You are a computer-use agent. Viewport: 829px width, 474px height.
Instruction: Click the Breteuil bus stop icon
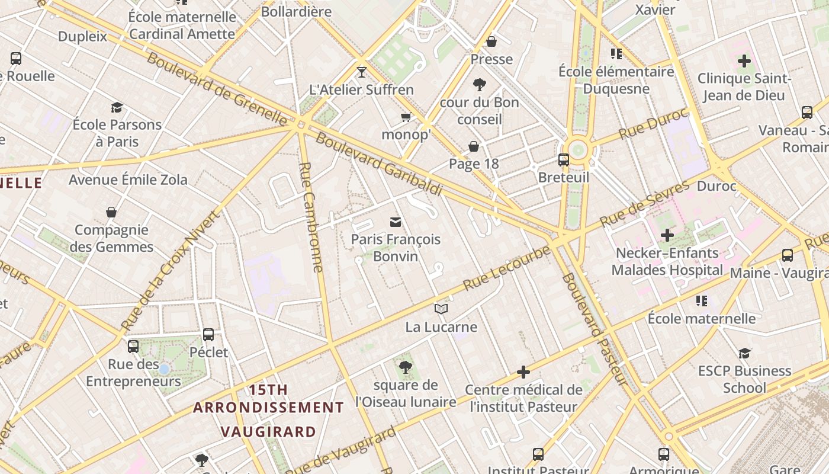563,159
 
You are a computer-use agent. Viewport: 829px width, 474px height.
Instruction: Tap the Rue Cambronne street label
311,217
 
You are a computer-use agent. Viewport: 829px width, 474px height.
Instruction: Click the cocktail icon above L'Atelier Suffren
362,72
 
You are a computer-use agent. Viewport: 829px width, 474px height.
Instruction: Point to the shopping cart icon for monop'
406,117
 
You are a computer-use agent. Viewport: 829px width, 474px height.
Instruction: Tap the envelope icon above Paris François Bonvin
396,222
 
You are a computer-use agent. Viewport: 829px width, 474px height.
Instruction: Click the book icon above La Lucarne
441,309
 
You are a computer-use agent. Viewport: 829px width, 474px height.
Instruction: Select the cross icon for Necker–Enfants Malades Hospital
667,235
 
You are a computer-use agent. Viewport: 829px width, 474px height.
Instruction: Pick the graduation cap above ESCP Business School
744,353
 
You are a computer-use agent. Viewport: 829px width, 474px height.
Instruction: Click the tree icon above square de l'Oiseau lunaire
406,367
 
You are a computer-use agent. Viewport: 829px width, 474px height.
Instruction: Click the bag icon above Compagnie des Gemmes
111,212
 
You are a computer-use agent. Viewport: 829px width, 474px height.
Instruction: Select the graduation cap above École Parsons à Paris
117,107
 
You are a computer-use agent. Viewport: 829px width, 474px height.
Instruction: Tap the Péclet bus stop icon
208,334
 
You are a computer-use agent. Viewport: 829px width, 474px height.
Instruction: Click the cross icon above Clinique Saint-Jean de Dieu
744,60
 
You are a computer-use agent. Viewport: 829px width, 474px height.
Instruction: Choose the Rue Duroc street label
654,123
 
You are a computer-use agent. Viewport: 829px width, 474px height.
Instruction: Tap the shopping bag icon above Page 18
474,146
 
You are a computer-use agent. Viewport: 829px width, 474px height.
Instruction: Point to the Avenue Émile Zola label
128,180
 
